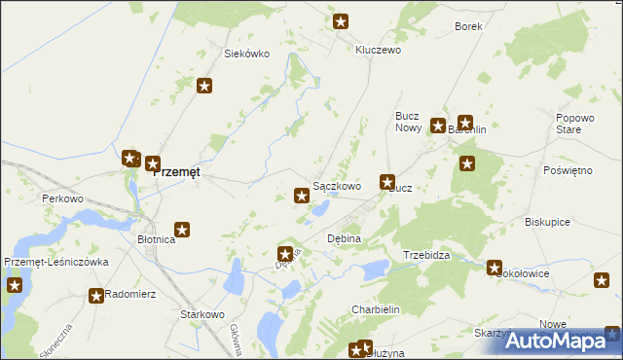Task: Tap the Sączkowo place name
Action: point(337,186)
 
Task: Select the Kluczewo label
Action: point(379,50)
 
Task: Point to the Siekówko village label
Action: point(246,54)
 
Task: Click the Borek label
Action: point(468,27)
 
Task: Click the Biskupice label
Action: point(547,221)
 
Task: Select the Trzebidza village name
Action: point(426,255)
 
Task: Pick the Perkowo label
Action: point(62,198)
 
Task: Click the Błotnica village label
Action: point(156,239)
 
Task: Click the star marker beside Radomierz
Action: point(95,296)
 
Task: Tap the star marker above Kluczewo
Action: point(341,21)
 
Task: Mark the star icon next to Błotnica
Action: point(181,231)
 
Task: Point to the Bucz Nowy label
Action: point(407,122)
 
